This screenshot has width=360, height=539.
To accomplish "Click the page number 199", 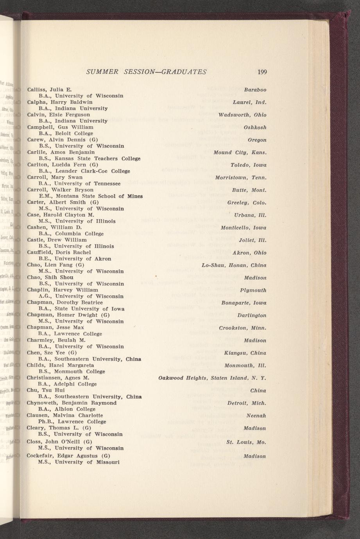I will [x=262, y=72].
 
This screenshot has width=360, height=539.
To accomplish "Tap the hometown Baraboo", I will [x=255, y=90].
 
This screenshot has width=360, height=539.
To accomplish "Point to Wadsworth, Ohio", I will [x=242, y=115].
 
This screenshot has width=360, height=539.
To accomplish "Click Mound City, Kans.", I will [x=240, y=152].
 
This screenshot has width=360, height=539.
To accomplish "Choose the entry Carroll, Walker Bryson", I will [x=60, y=190].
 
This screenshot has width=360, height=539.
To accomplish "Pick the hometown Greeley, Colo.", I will [x=247, y=203].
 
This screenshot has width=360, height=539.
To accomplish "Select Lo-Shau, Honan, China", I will [x=234, y=265].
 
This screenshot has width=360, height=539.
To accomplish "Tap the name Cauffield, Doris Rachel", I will [x=59, y=252].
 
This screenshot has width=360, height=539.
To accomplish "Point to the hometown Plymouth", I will [x=253, y=290].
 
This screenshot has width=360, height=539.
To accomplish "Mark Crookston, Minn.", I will [x=243, y=328].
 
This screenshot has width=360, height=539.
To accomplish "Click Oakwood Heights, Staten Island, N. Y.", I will [x=212, y=378].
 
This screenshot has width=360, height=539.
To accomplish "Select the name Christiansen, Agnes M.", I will [x=58, y=378].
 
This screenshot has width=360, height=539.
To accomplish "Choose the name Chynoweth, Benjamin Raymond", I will [x=72, y=403].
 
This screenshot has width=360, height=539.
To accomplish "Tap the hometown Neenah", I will [x=256, y=416].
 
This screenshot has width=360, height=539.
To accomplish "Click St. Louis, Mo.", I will [x=246, y=442].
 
